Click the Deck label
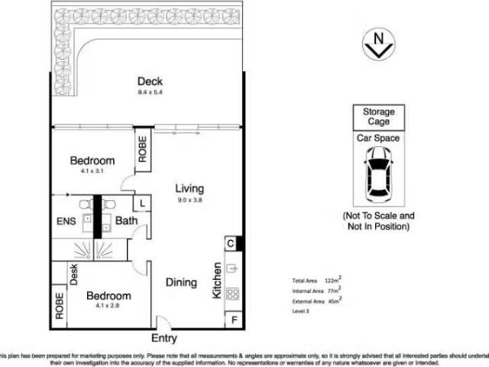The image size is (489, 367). [150, 82]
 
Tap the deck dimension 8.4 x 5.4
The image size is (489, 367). [150, 93]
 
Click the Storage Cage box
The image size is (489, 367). [374, 117]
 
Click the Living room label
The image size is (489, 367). [190, 188]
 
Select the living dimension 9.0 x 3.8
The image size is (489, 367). [190, 200]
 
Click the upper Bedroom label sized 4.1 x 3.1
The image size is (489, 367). [92, 161]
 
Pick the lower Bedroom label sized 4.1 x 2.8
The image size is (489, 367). [108, 296]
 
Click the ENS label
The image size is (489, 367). [67, 222]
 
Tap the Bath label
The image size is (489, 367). [126, 222]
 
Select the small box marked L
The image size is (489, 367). [142, 203]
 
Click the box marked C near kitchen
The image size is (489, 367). [231, 243]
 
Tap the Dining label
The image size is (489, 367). [182, 282]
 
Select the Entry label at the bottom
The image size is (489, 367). [164, 337]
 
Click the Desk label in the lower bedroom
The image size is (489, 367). [75, 274]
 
